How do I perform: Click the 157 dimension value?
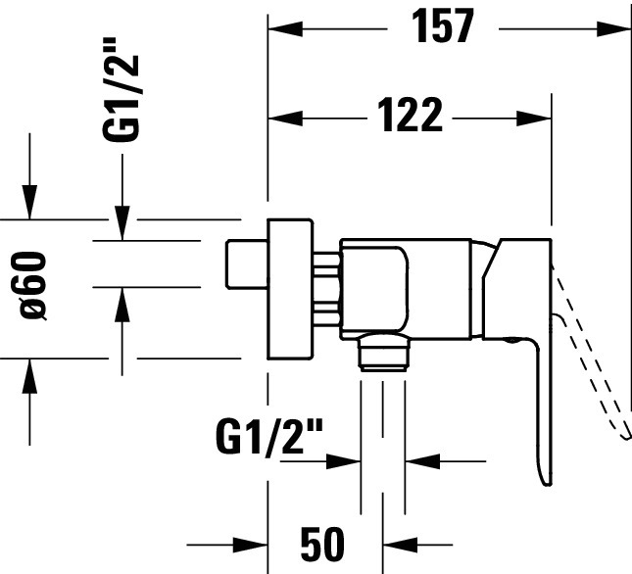tap(443, 26)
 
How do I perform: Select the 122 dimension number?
tap(411, 115)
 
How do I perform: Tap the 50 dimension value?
tap(322, 544)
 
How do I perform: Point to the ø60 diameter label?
tap(32, 285)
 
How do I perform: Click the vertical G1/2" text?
tap(121, 90)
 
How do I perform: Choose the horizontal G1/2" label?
tap(269, 436)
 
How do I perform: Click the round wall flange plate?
tap(290, 289)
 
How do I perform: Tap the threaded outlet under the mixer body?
tap(383, 352)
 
